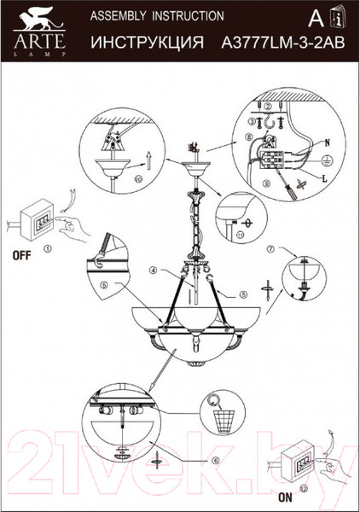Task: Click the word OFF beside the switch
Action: click(22, 255)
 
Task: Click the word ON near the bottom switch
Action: click(286, 497)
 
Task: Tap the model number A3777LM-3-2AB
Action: click(283, 43)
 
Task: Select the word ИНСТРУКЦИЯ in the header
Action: click(148, 43)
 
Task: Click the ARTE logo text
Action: click(39, 41)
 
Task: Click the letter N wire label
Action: click(328, 143)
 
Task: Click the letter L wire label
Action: click(324, 179)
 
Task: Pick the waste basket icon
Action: click(224, 421)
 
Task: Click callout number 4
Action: click(154, 270)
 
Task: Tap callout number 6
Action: click(214, 461)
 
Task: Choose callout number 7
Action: click(270, 249)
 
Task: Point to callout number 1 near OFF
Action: click(48, 249)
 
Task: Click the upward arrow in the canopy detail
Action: click(148, 160)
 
